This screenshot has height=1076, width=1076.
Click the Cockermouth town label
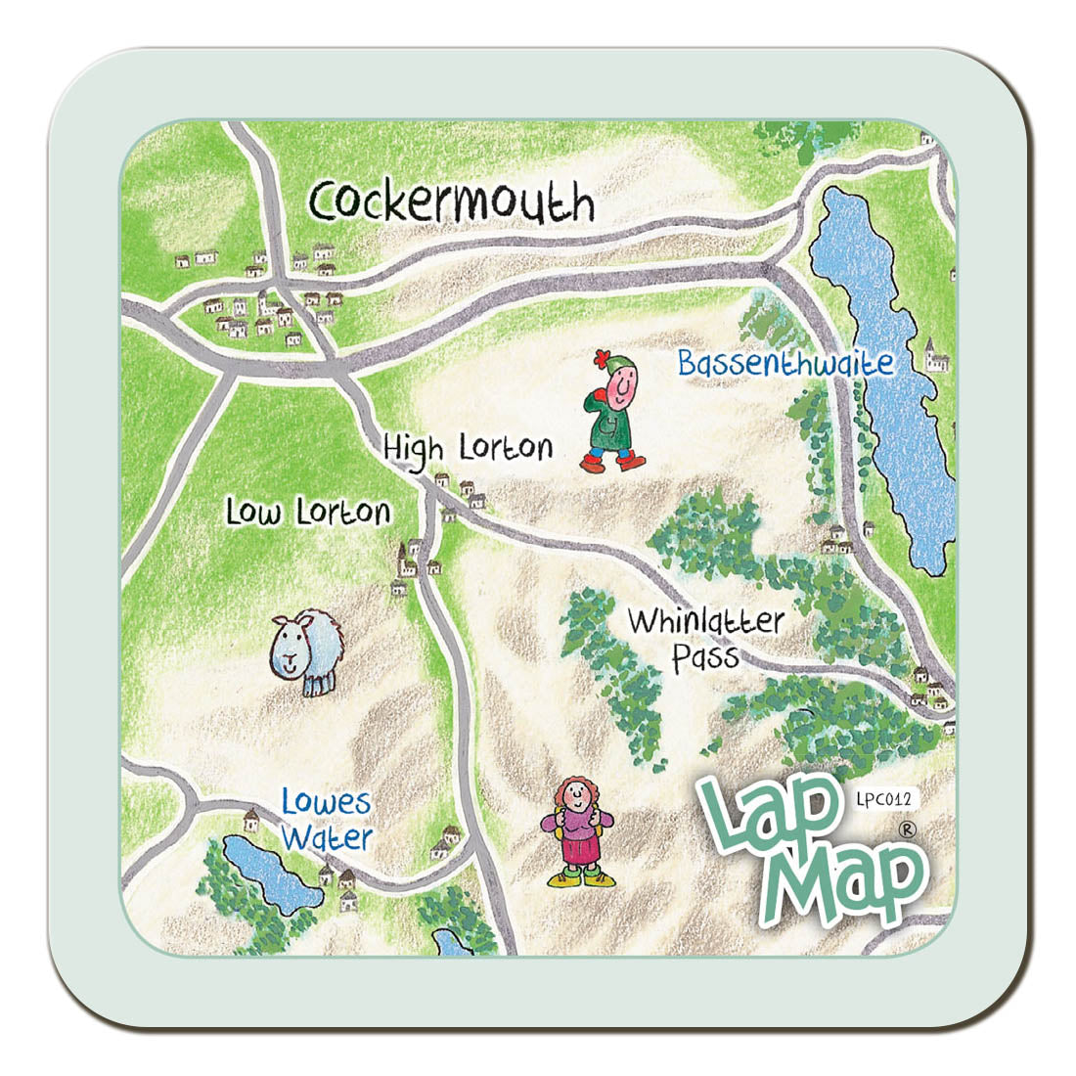[x=451, y=202]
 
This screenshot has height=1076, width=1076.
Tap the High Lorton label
[x=468, y=448]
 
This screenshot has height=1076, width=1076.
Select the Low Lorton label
[x=308, y=511]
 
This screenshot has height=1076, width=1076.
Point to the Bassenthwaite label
[x=785, y=363]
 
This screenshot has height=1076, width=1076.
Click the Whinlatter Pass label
[x=705, y=637]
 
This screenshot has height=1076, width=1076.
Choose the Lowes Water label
[x=327, y=820]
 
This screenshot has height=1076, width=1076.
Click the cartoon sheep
[x=307, y=651]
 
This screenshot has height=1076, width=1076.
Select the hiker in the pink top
[x=578, y=831]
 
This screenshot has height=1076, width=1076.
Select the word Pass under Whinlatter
[x=704, y=656]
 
